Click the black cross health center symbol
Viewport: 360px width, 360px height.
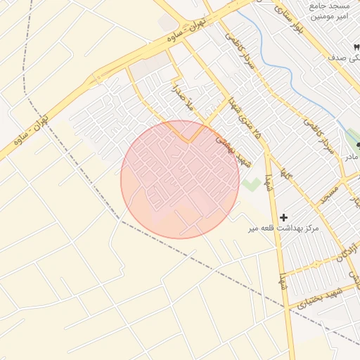click(x=283, y=218)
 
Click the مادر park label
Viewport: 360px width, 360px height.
click(x=351, y=156)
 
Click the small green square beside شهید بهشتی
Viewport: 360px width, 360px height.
click(x=250, y=185)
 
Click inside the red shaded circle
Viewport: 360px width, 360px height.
click(x=180, y=179)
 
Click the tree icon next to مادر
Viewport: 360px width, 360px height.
click(x=358, y=145)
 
